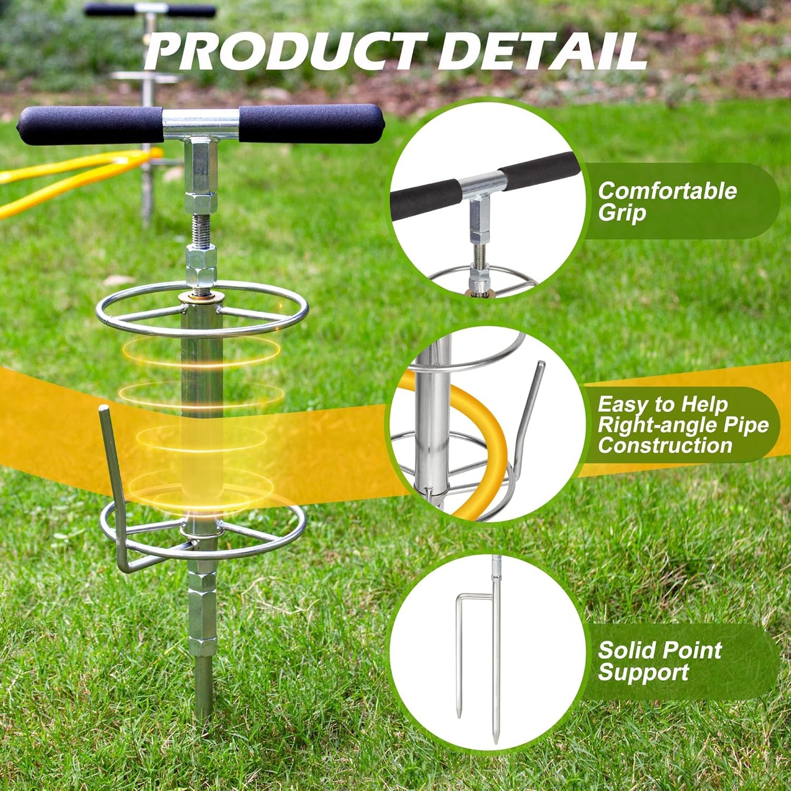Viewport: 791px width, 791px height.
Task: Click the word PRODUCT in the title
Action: pos(285,51)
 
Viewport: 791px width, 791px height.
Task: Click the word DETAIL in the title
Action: pos(542,51)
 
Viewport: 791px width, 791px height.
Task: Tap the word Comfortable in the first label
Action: pos(667,191)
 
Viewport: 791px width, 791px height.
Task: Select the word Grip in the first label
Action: pos(622,213)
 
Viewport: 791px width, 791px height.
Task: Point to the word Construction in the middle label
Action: pos(665,446)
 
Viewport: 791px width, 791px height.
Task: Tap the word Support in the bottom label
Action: pos(643,673)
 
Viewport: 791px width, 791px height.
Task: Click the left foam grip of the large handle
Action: pos(90,125)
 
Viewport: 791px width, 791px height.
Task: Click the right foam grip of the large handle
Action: pos(311,124)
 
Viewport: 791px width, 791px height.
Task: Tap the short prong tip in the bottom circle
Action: pos(459,713)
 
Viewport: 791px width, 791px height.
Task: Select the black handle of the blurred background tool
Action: pos(151,10)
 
